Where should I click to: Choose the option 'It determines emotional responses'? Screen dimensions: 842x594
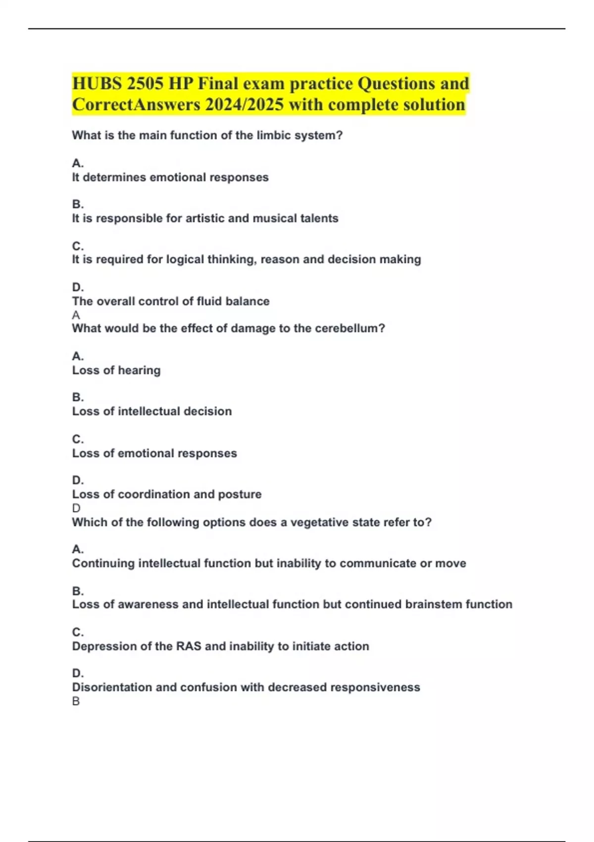tap(170, 177)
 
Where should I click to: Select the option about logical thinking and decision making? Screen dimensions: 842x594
tap(247, 260)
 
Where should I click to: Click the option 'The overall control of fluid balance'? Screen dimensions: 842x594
tap(171, 301)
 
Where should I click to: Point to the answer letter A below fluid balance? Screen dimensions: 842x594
tap(76, 315)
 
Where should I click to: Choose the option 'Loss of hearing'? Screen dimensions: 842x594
tap(116, 370)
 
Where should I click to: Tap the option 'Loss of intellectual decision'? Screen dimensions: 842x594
tap(152, 411)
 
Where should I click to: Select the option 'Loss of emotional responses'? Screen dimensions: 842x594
tap(154, 453)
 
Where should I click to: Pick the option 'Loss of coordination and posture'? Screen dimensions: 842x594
tap(167, 494)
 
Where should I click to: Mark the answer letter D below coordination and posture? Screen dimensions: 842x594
tap(76, 508)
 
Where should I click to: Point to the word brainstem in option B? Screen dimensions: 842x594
tap(433, 604)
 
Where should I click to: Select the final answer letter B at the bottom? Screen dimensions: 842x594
tap(76, 701)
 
